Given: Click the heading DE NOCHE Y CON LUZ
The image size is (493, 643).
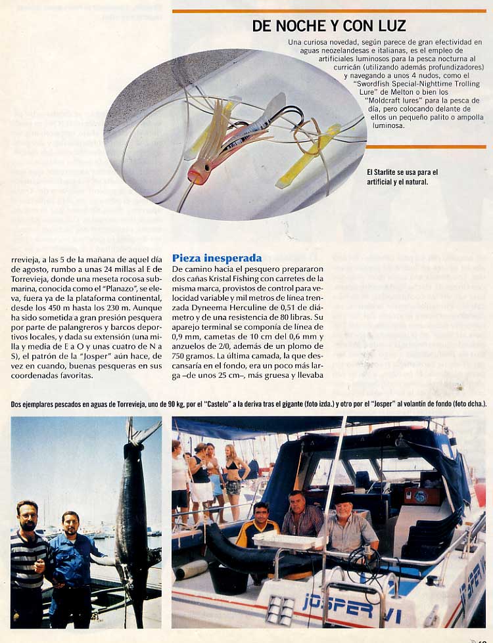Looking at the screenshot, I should [329, 26].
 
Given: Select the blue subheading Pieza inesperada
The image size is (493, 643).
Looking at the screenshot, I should [217, 258].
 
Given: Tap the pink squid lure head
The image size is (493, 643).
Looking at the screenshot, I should [197, 173].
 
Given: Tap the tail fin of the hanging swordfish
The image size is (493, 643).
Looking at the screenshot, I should [143, 430].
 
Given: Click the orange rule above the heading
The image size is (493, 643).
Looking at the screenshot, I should [329, 11].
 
